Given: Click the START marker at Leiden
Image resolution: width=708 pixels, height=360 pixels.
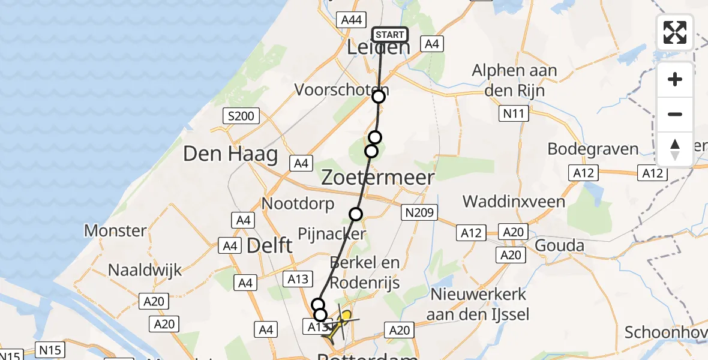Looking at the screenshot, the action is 389,35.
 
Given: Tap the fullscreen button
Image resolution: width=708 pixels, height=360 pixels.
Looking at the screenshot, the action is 675,32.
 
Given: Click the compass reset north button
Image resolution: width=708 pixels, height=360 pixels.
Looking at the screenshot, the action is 675,149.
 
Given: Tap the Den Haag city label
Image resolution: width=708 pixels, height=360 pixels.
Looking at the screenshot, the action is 230,154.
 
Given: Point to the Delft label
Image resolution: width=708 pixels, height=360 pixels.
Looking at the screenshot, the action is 269,245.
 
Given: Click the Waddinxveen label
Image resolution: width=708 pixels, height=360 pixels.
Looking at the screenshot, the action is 514,201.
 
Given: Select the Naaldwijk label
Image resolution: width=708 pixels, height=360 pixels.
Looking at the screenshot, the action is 145,270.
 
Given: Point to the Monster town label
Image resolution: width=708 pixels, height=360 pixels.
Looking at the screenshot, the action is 115,230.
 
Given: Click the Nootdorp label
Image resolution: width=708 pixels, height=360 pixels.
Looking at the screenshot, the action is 298,204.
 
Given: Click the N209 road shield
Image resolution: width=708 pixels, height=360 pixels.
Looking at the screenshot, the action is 420,212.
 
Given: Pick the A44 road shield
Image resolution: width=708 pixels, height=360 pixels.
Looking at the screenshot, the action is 351,20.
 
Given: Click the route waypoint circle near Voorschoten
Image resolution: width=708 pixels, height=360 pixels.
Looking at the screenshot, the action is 379,97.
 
